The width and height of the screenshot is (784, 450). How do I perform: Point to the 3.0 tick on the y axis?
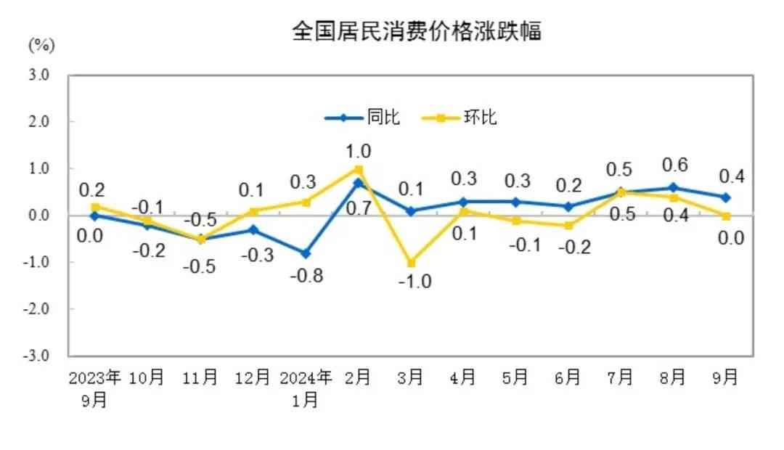(x=39, y=75)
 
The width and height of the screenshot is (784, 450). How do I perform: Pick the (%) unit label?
(x=41, y=46)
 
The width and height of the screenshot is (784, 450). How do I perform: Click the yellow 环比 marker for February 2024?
(x=358, y=169)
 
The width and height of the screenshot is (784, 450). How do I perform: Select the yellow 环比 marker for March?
(x=411, y=263)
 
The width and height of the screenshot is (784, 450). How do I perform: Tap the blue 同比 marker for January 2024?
(x=306, y=253)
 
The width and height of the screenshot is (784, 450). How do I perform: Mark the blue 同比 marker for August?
(x=674, y=187)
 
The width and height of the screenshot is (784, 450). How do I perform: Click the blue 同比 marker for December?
(x=253, y=229)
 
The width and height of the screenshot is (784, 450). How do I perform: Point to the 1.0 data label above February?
(x=359, y=151)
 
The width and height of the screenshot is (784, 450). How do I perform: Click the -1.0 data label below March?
(x=415, y=282)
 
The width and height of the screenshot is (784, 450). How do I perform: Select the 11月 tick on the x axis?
(x=200, y=377)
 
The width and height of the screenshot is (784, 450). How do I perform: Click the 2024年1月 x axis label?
(x=306, y=388)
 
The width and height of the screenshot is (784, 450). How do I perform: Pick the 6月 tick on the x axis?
(x=568, y=377)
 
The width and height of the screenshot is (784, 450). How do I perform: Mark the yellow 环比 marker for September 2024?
(x=726, y=216)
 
